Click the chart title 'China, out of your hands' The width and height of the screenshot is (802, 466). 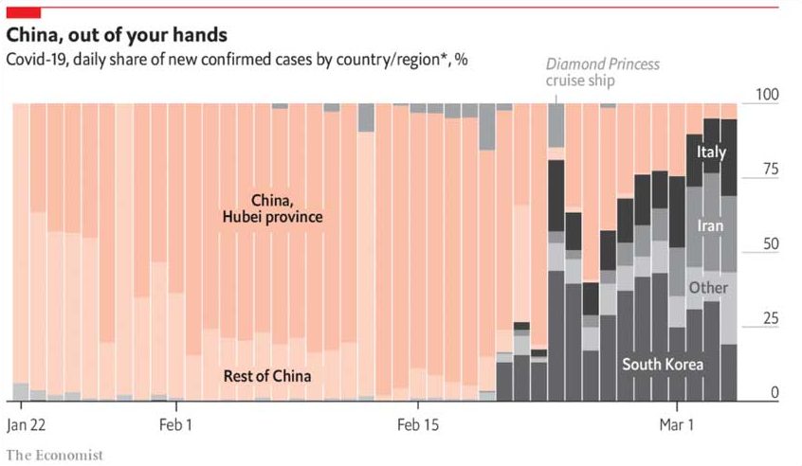[117, 35]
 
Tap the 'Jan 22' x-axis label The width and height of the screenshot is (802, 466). [27, 425]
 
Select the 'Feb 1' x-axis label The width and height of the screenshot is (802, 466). [175, 425]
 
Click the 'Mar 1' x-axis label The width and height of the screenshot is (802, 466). [675, 425]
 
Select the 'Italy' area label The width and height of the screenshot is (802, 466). [711, 152]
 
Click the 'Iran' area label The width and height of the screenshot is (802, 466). [710, 226]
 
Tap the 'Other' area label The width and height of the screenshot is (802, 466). [708, 288]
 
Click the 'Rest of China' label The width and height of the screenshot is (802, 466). [267, 376]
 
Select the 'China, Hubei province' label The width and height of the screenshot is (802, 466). [273, 208]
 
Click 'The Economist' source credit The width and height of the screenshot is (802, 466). [54, 455]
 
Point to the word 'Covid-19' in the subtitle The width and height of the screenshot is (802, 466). [32, 59]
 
